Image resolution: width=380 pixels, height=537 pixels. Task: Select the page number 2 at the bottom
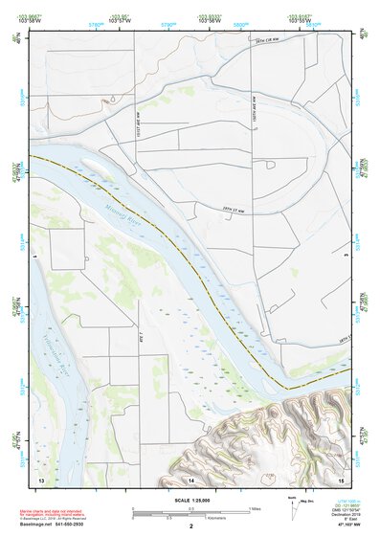pos(190,526)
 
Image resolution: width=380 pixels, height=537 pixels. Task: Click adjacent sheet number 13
pos(41,478)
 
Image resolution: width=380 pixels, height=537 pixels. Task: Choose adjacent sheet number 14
pos(190,478)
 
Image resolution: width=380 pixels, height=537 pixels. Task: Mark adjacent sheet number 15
pos(340,478)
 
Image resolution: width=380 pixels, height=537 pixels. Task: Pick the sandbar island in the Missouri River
pos(96,166)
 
